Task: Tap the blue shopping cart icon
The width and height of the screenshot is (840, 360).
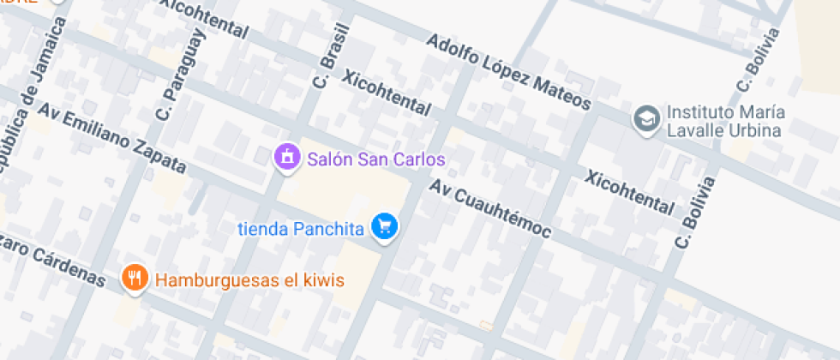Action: (x=386, y=226)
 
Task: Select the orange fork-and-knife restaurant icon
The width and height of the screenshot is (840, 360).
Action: (x=133, y=277)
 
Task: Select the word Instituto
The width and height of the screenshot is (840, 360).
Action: (x=702, y=112)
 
